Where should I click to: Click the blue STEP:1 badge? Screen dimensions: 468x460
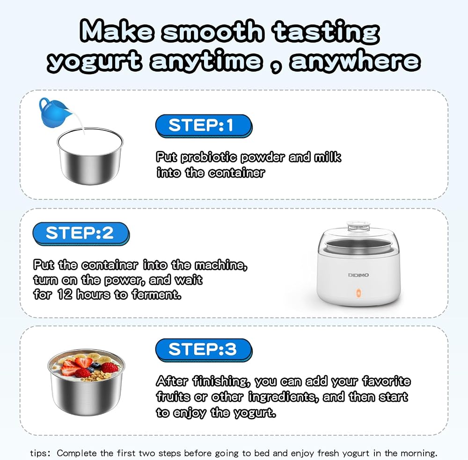(204, 126)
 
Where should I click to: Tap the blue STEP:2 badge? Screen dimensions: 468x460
(81, 234)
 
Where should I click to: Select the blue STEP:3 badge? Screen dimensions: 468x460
(204, 350)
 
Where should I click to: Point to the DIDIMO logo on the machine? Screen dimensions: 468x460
(358, 275)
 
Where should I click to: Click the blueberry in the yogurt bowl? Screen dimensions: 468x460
(96, 365)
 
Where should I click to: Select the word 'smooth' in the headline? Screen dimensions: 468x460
(213, 31)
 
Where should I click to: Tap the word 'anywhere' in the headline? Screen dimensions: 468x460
(355, 61)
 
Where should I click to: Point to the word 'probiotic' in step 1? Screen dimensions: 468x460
(209, 157)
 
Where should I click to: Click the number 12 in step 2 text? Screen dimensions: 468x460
(65, 294)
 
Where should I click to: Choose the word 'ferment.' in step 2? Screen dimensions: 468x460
(156, 294)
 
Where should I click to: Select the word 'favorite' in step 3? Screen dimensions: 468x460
(387, 381)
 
